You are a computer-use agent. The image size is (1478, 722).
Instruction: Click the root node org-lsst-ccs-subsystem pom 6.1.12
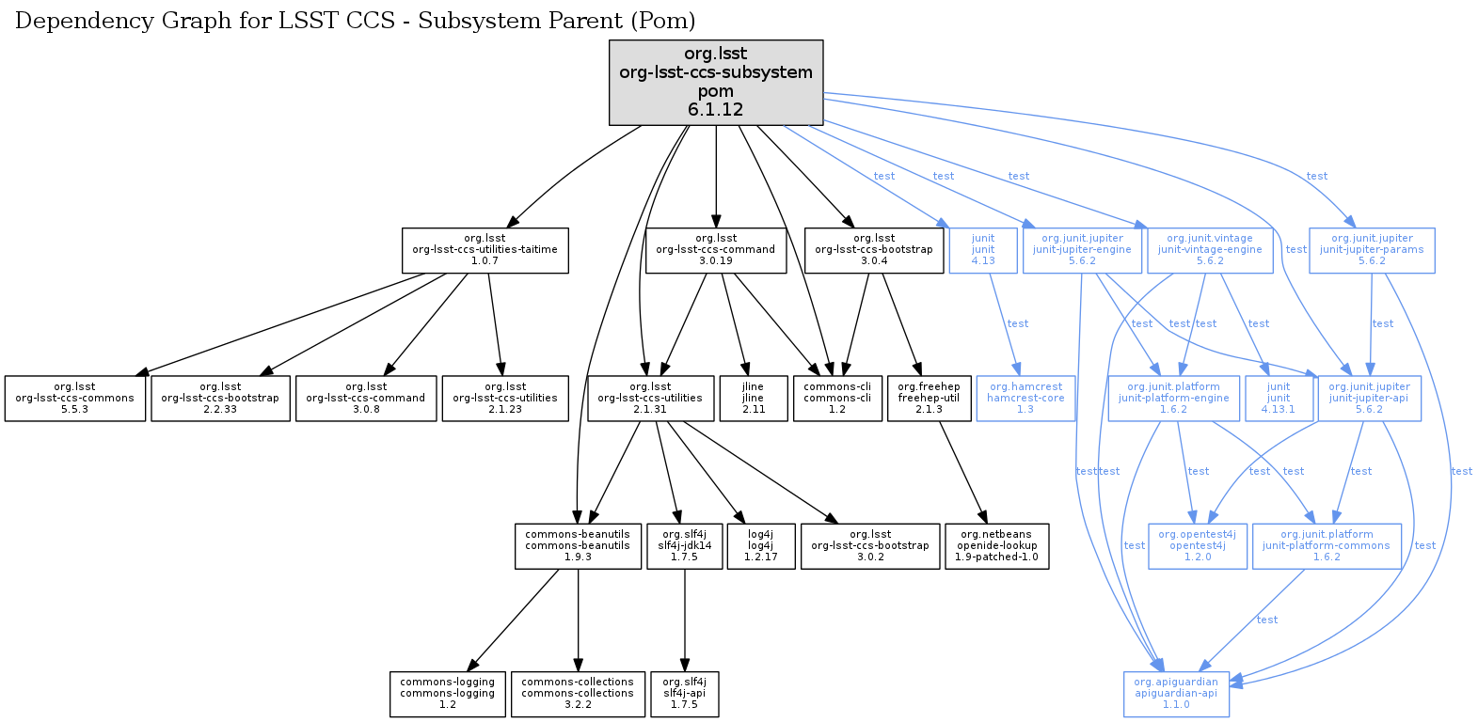click(x=716, y=82)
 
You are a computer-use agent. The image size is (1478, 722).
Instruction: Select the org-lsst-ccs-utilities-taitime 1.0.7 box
click(x=485, y=250)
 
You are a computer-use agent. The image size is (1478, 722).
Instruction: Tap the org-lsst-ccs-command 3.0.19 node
click(x=716, y=250)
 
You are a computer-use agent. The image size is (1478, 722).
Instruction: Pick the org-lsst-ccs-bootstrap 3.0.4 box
click(x=874, y=250)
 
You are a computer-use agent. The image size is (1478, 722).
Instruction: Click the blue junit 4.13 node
click(x=983, y=250)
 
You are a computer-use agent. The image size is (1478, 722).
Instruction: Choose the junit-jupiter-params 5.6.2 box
click(x=1372, y=250)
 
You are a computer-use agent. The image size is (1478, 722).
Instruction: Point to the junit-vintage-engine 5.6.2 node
click(x=1210, y=250)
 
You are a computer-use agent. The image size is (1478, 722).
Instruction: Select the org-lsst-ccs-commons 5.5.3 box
click(x=75, y=399)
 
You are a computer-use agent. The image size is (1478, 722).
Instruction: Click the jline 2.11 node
click(x=753, y=399)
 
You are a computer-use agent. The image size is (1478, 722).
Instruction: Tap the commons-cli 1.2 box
click(x=837, y=399)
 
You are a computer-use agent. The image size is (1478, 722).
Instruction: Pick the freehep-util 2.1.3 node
click(x=929, y=399)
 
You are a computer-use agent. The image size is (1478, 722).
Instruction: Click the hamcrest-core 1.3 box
click(x=1025, y=399)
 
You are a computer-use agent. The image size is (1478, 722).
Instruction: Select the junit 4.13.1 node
click(x=1279, y=399)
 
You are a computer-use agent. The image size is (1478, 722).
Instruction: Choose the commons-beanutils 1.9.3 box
click(x=578, y=546)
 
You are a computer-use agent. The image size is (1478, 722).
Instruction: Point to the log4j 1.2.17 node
click(x=760, y=546)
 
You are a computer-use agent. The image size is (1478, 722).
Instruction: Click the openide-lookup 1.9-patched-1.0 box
click(x=997, y=546)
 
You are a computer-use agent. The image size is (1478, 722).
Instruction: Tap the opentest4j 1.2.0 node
click(x=1197, y=546)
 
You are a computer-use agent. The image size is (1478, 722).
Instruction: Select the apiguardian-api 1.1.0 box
click(x=1176, y=694)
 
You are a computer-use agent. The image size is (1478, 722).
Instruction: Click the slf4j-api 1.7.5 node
click(x=685, y=694)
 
